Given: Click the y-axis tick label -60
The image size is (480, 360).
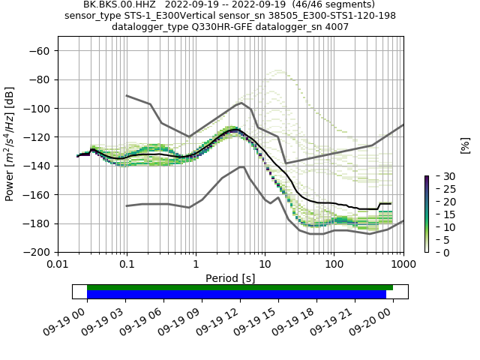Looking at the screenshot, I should point(40,51).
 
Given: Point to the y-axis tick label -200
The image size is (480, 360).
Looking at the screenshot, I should point(37,252).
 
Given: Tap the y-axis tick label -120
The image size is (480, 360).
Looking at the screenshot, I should point(37,137).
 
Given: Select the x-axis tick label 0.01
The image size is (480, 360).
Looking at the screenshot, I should point(58,264).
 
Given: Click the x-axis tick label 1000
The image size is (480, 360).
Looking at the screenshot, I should point(403,264).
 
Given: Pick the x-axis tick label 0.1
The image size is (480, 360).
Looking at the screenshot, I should point(127,264).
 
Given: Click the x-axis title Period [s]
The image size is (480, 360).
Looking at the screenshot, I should point(230,277).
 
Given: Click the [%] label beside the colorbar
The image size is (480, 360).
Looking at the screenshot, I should point(465,145).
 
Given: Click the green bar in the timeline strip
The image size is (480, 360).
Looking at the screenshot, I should point(240,287).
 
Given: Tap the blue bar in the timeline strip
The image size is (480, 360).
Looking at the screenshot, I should point(236,295).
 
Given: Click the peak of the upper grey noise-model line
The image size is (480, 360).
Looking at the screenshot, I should point(241,103).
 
